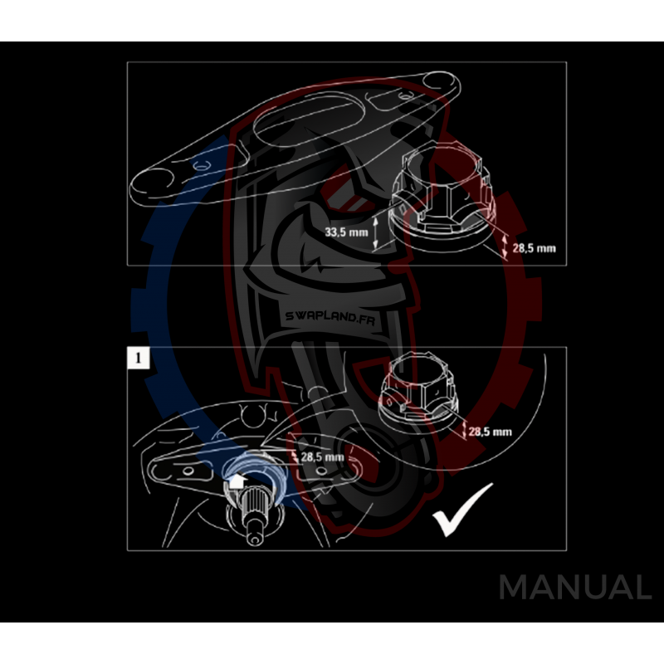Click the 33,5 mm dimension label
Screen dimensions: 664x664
345,232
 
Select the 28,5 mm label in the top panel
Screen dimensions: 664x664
533,247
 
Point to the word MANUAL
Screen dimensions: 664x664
574,588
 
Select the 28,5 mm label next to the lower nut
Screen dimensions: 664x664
490,432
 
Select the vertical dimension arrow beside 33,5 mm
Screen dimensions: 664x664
375,232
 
